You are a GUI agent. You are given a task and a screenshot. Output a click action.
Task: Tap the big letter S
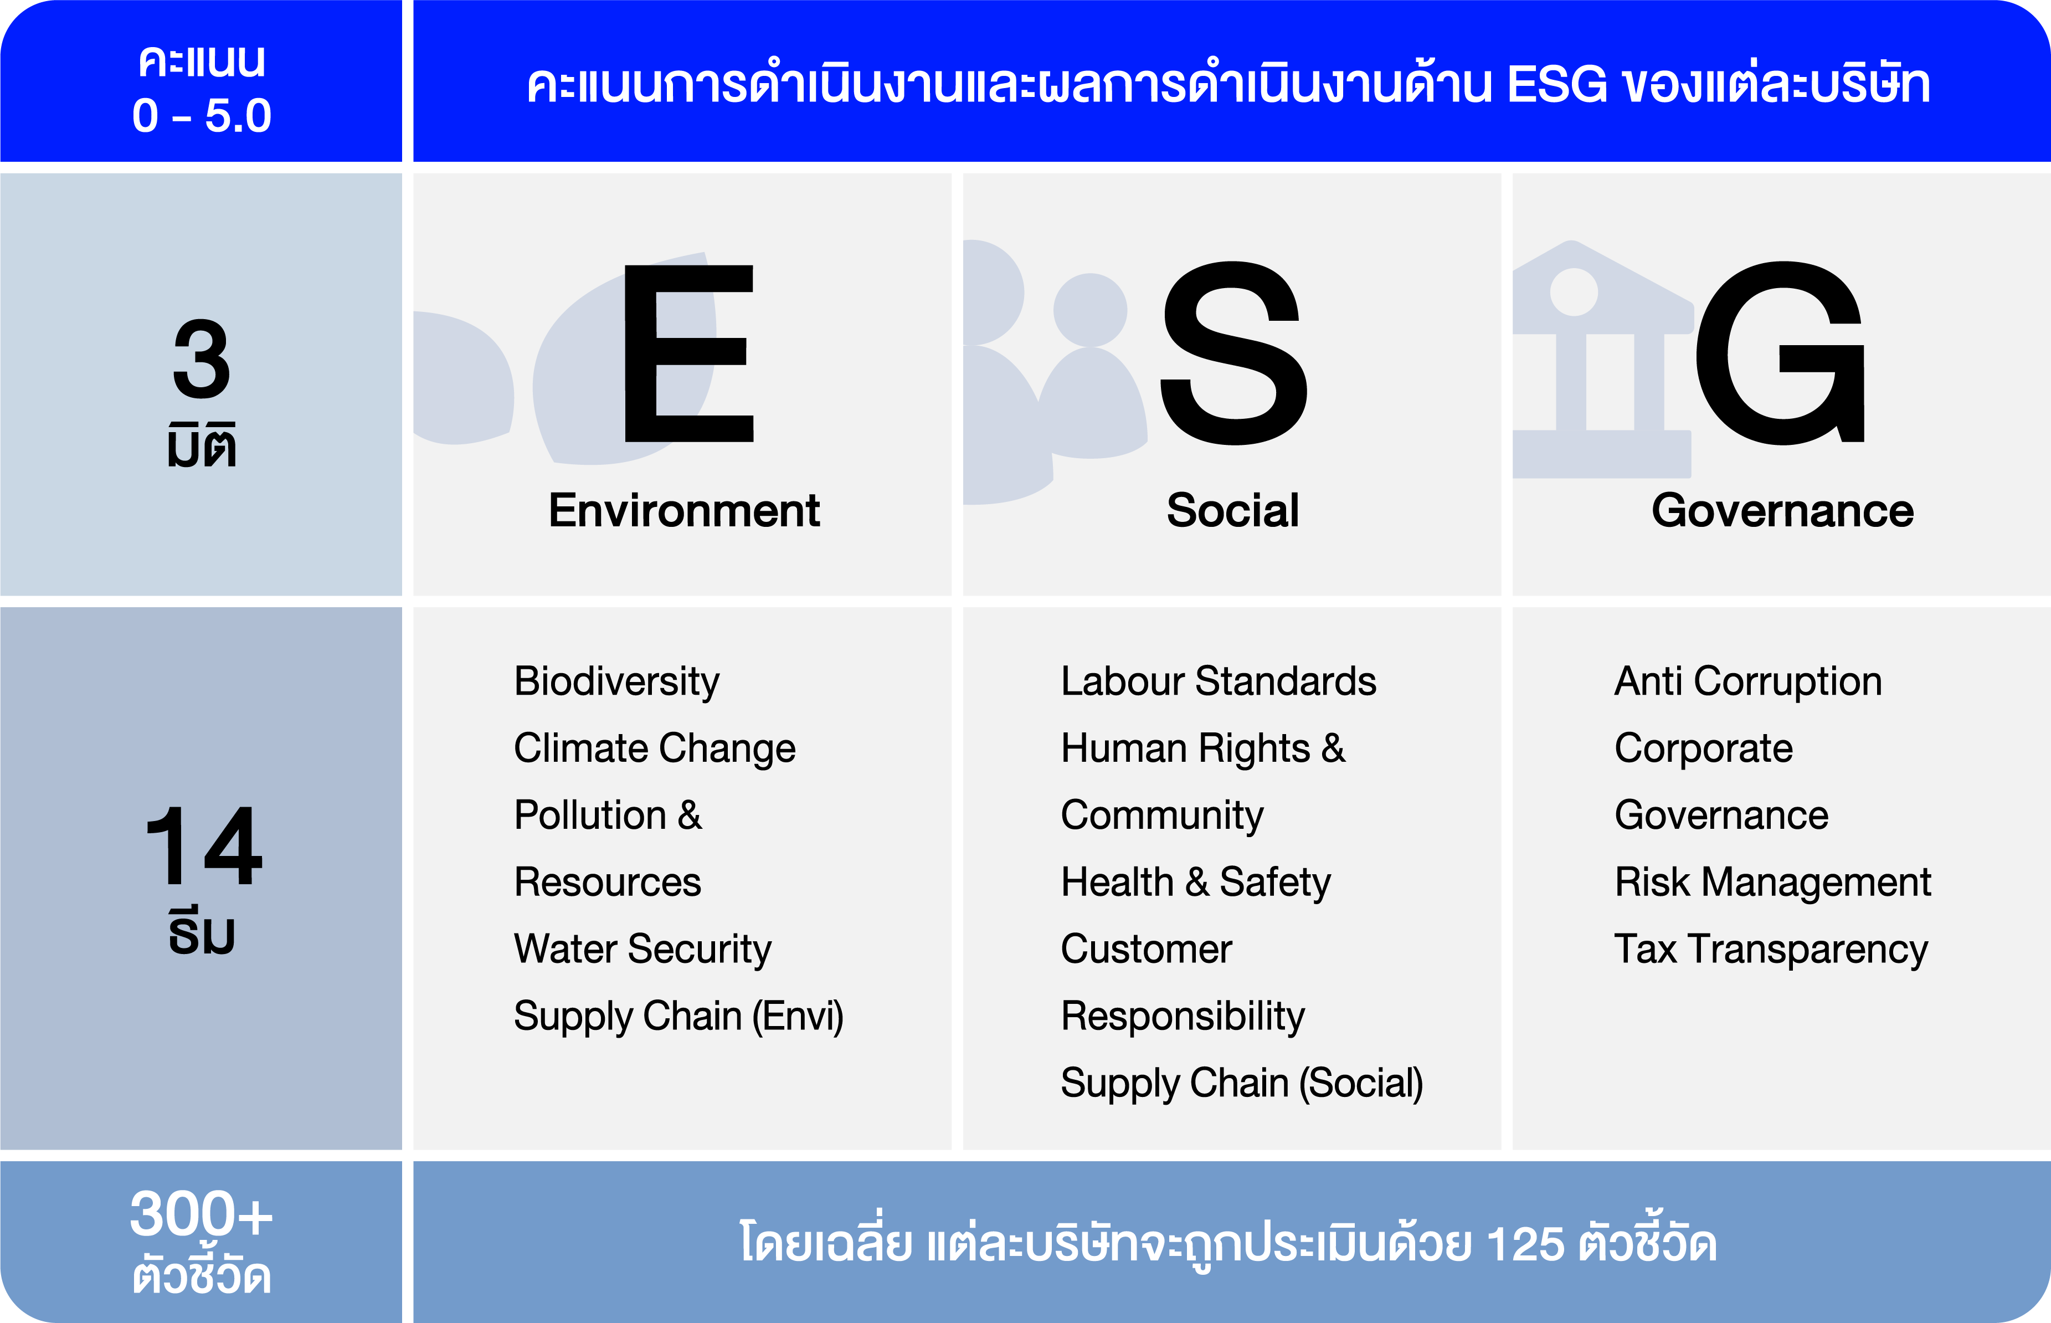(x=1233, y=353)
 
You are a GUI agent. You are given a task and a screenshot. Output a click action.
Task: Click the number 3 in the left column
(x=202, y=359)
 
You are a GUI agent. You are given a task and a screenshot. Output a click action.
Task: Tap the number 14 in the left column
(x=204, y=845)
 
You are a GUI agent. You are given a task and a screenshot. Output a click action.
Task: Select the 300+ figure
(x=201, y=1213)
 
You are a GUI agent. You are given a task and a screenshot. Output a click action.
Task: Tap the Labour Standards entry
(x=1218, y=681)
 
